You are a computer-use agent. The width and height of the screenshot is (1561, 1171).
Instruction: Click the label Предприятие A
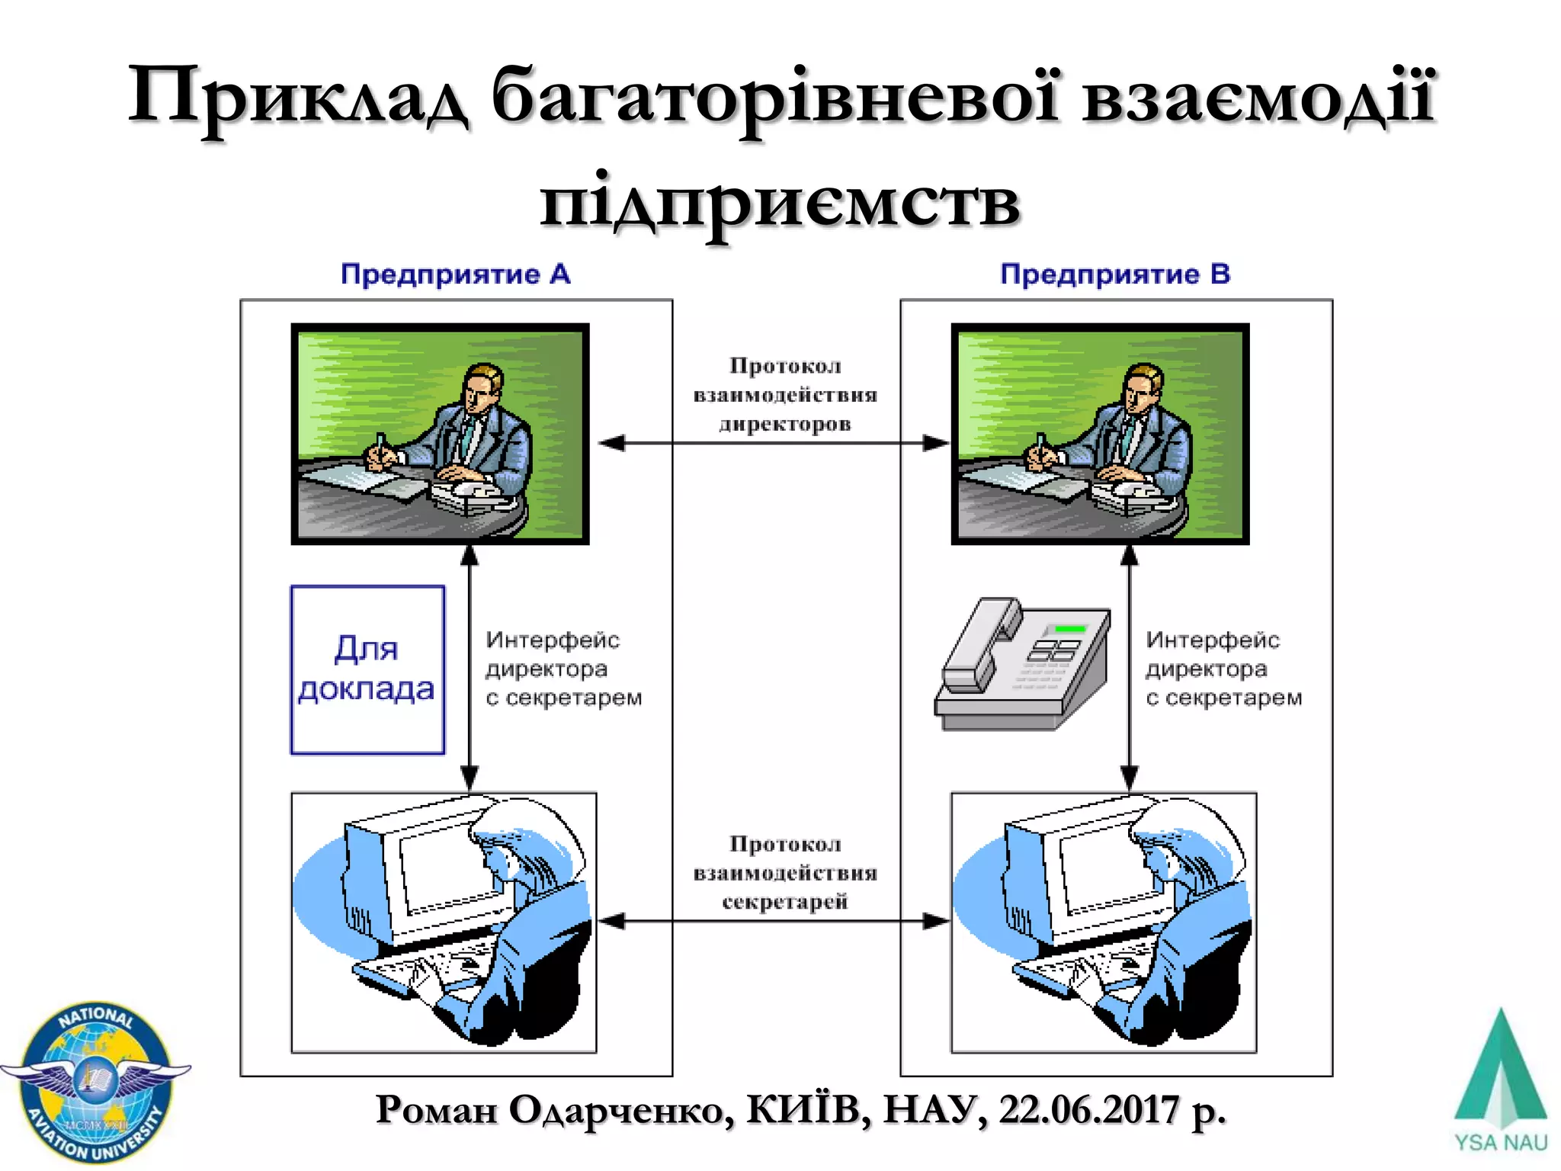pos(455,274)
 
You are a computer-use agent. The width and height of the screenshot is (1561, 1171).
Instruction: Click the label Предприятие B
pos(1115,274)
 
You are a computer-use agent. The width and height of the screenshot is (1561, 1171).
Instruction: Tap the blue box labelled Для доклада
pos(367,669)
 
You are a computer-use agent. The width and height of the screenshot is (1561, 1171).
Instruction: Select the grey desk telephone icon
pos(1021,663)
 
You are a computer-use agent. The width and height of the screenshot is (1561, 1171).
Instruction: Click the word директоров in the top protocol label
pos(785,424)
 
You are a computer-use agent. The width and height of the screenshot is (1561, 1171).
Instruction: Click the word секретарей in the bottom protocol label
pos(785,902)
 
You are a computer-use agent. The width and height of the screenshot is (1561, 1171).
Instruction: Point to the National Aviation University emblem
pos(95,1083)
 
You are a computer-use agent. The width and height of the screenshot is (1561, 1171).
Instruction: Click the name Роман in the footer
pos(436,1110)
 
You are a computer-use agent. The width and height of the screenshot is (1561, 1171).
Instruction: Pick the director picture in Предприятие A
pos(440,434)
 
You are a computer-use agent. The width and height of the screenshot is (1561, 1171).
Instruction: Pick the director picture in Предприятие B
pos(1100,434)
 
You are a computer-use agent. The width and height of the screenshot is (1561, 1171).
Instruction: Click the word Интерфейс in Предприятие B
pos(1212,640)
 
